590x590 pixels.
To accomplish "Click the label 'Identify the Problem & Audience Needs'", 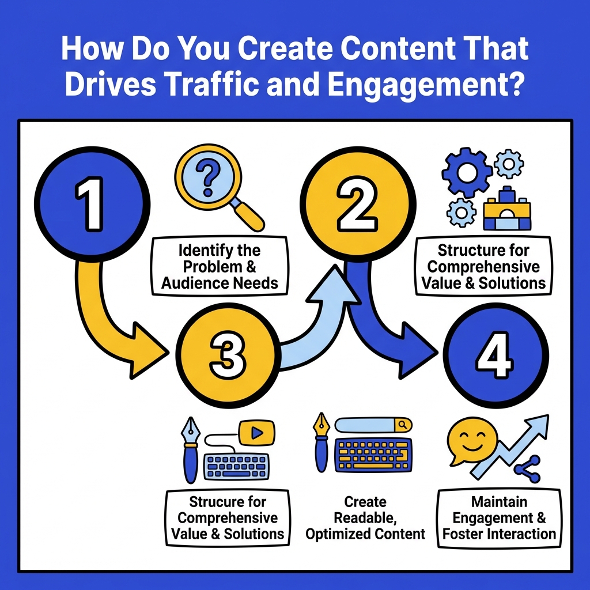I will [220, 267].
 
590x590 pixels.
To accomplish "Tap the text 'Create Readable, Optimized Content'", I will [365, 518].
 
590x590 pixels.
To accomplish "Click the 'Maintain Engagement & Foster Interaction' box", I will [499, 518].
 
